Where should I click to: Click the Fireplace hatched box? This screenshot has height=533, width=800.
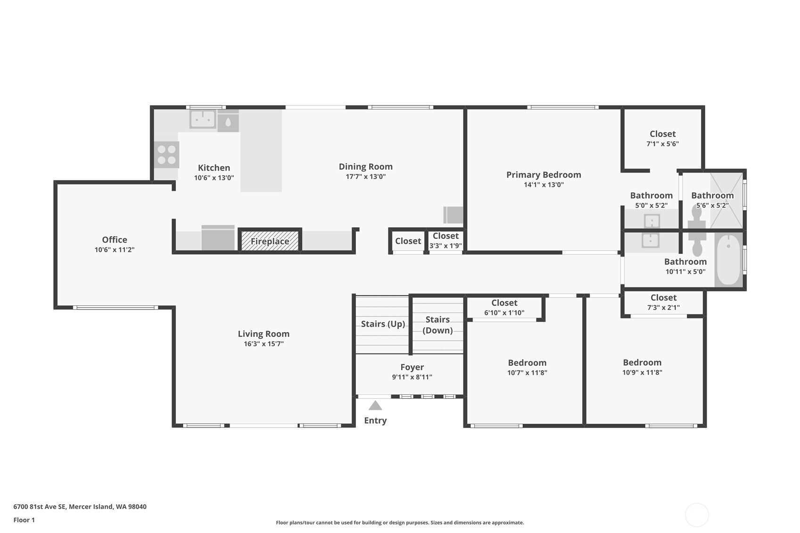tap(270, 241)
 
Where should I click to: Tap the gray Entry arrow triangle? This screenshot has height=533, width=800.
tap(375, 406)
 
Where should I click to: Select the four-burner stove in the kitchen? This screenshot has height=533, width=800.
tap(167, 155)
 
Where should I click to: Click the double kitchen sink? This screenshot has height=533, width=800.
tap(203, 119)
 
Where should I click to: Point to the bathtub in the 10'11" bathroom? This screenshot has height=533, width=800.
tap(728, 260)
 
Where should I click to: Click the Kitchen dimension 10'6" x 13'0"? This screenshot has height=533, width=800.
tap(214, 178)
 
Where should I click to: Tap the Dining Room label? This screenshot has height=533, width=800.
tap(366, 167)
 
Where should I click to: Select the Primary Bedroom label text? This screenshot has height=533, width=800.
tap(544, 175)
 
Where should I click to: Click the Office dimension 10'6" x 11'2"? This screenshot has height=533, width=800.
tap(114, 250)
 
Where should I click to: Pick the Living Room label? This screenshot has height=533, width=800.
tap(264, 334)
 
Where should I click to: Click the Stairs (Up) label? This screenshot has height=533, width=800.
tap(383, 324)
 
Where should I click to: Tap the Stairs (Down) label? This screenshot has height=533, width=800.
tap(437, 325)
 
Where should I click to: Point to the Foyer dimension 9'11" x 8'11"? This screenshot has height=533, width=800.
tap(412, 377)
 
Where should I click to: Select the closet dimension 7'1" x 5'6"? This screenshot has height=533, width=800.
tap(662, 144)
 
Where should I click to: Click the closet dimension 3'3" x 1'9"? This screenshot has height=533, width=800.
tap(445, 246)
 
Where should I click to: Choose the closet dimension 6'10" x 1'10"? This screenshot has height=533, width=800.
tap(504, 313)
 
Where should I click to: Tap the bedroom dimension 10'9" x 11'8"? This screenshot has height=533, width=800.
tap(642, 372)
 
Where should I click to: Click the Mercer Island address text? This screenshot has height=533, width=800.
tap(80, 507)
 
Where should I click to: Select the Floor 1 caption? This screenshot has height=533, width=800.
tap(25, 520)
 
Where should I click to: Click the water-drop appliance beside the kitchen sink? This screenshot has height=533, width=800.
tap(228, 122)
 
